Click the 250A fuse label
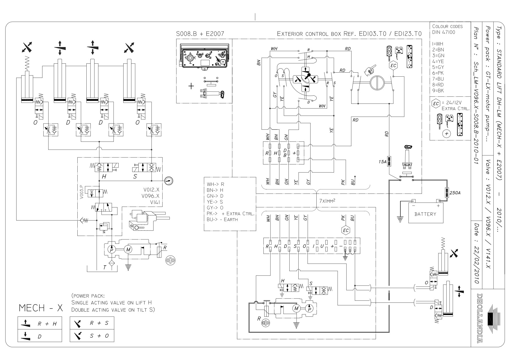[455, 192]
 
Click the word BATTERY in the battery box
[425, 214]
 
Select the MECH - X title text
[41, 308]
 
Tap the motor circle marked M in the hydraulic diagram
[128, 249]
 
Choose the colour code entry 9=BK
[438, 90]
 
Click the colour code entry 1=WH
[438, 44]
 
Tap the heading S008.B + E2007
[200, 34]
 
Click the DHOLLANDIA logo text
[480, 318]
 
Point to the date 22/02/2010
[476, 262]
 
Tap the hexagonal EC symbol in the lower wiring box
[346, 230]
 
